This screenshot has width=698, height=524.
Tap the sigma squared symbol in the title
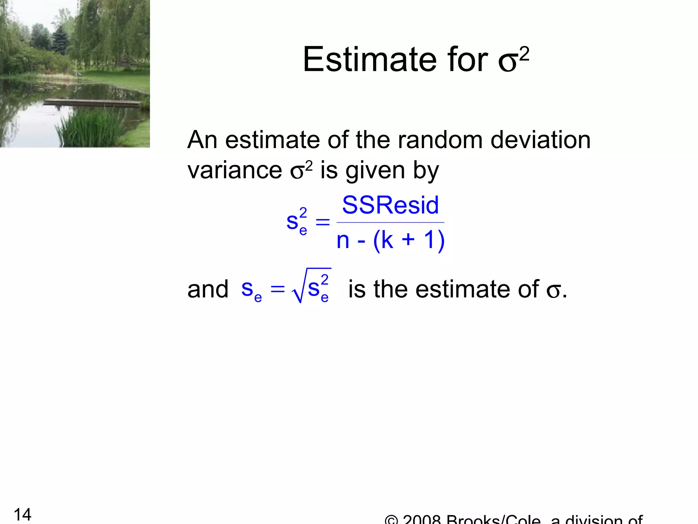513,60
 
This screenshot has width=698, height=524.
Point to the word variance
234,170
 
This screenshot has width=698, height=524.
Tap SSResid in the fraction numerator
390,205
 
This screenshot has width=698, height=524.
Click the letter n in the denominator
343,241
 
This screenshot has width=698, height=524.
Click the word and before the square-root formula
208,289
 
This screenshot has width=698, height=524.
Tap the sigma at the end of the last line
553,291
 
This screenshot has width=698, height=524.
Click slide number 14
22,514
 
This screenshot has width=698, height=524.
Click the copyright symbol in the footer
391,521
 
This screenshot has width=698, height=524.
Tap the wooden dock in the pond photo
92,102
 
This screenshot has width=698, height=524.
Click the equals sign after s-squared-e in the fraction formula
322,222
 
